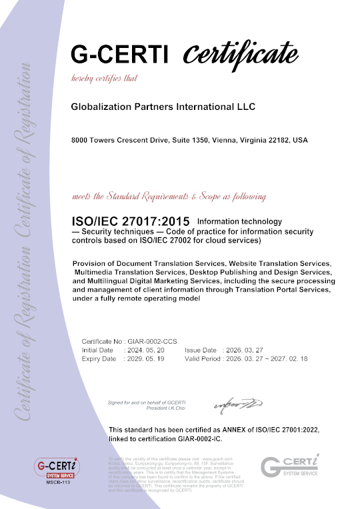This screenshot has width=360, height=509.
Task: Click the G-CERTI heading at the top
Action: pyautogui.click(x=120, y=54)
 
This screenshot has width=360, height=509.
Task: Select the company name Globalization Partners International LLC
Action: pyautogui.click(x=163, y=107)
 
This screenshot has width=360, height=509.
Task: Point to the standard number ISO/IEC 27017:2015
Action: pyautogui.click(x=131, y=221)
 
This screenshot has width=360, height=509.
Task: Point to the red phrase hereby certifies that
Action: pyautogui.click(x=104, y=79)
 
